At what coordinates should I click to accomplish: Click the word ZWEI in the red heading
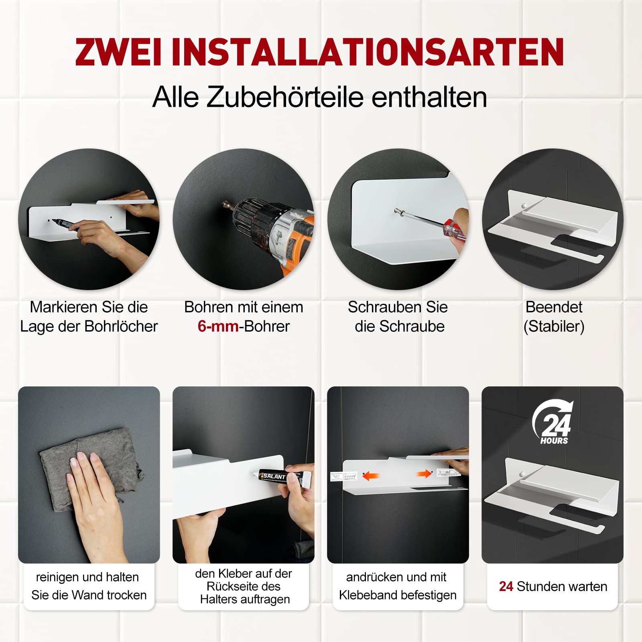[118, 52]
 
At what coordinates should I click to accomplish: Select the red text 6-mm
[218, 327]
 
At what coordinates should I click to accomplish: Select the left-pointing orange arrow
[371, 476]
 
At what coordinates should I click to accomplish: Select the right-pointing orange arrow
[424, 474]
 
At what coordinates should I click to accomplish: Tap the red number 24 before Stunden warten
[506, 587]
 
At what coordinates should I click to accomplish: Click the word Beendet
[554, 307]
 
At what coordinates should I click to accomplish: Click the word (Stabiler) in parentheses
[554, 327]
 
